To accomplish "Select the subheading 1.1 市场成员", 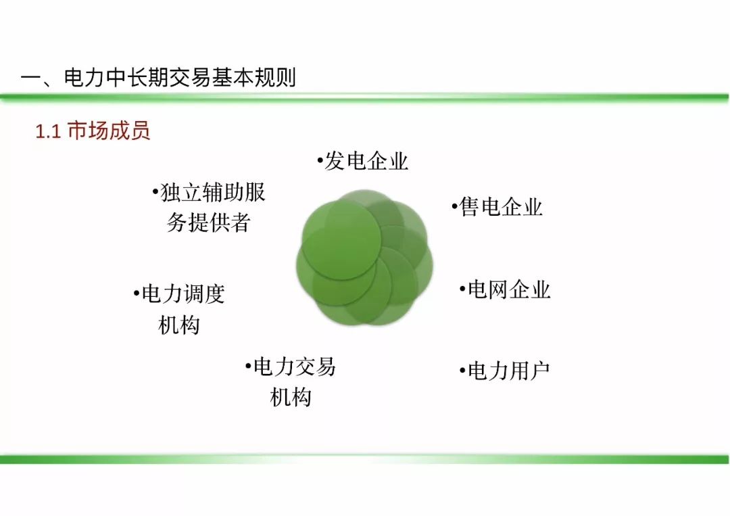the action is pyautogui.click(x=93, y=131).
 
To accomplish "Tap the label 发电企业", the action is pyautogui.click(x=366, y=162).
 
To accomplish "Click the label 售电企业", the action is pyautogui.click(x=500, y=207).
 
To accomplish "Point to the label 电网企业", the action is pyautogui.click(x=509, y=289).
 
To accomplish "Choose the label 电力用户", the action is pyautogui.click(x=508, y=371).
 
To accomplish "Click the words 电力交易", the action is pyautogui.click(x=294, y=367).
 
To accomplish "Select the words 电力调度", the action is pyautogui.click(x=183, y=294).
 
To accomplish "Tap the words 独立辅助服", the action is pyautogui.click(x=212, y=192).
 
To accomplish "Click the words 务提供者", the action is pyautogui.click(x=209, y=222).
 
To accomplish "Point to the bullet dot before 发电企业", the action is pyautogui.click(x=320, y=161).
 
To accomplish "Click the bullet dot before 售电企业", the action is pyautogui.click(x=454, y=206).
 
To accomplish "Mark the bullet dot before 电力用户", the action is pyautogui.click(x=462, y=371).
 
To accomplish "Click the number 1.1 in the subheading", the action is pyautogui.click(x=48, y=132).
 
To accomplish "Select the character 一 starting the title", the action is pyautogui.click(x=30, y=78).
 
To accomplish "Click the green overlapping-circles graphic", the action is pyautogui.click(x=364, y=257).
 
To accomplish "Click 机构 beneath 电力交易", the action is pyautogui.click(x=291, y=398).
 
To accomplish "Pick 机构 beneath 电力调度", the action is pyautogui.click(x=179, y=325).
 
